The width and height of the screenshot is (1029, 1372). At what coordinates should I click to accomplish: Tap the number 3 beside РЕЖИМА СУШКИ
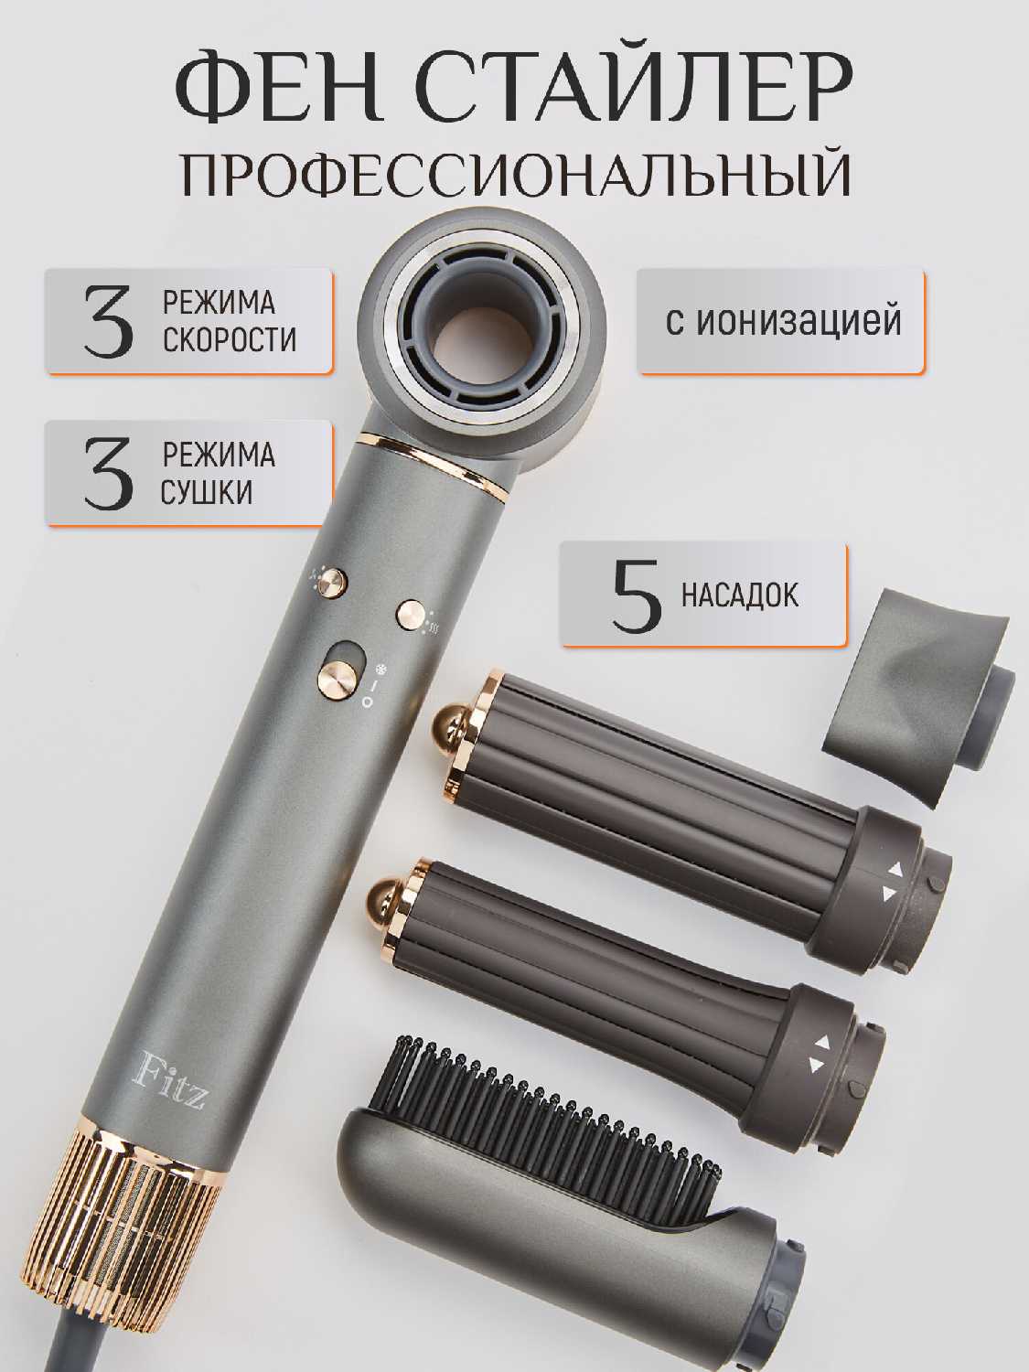109,474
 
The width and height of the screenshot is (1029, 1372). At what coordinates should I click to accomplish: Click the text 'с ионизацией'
784,322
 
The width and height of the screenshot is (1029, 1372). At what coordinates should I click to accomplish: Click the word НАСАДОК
740,595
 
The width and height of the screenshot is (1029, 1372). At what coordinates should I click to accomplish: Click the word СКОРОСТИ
230,340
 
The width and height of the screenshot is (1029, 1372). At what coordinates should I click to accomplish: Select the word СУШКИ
207,492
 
